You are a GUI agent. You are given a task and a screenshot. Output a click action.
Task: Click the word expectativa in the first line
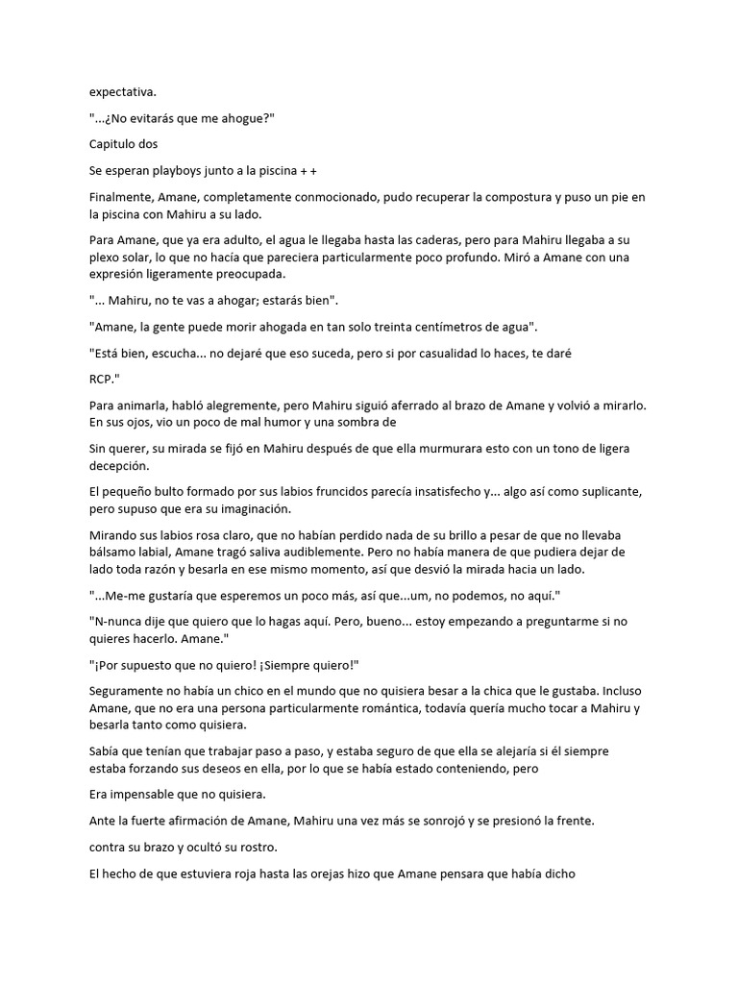click(122, 92)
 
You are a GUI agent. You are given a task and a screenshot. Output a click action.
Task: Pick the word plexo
click(107, 258)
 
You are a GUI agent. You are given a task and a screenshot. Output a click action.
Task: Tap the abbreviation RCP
click(104, 379)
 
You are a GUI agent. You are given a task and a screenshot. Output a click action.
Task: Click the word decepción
click(119, 466)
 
